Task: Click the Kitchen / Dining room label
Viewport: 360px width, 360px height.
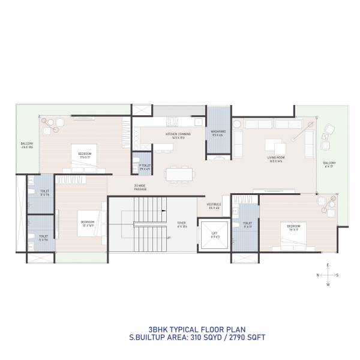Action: point(178,136)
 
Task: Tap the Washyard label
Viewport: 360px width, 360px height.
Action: point(218,134)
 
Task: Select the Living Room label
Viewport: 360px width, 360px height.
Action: point(276,159)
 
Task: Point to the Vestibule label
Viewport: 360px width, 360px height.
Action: point(214,206)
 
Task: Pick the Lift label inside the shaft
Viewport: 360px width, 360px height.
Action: point(215,235)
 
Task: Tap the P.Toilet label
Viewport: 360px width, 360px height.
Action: point(145,167)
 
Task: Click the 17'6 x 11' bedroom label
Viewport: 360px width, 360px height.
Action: point(85,155)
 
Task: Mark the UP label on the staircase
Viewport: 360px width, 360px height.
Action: point(169,238)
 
